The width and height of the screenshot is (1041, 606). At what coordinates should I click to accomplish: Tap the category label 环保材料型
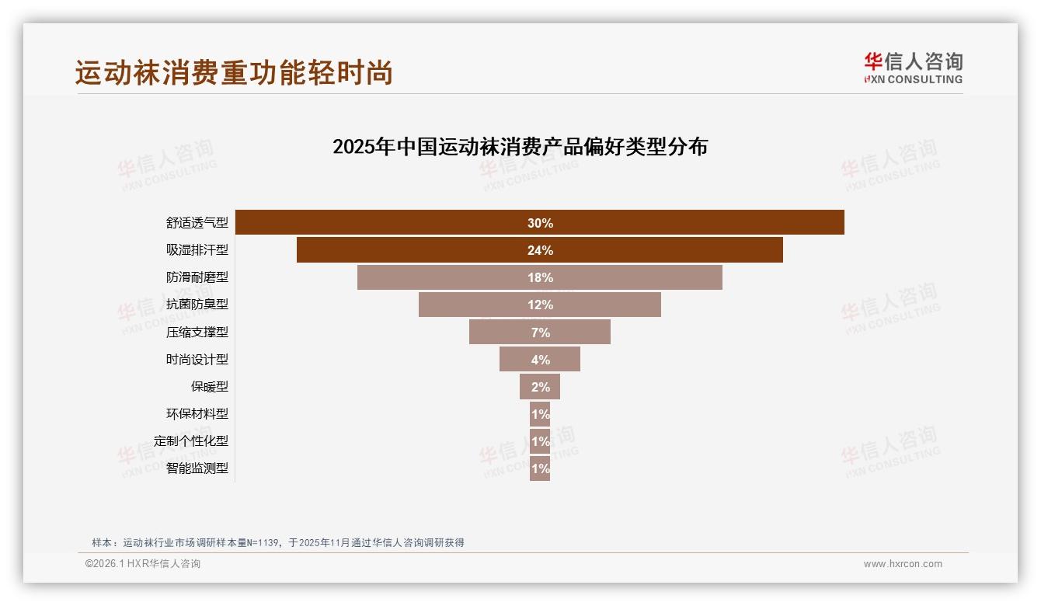(197, 414)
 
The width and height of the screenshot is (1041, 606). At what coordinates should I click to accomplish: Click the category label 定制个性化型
(191, 441)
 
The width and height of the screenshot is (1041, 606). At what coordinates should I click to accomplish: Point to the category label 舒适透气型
(197, 223)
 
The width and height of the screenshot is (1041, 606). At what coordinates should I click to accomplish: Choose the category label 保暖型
(210, 387)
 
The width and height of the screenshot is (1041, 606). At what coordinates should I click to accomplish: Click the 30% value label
(540, 223)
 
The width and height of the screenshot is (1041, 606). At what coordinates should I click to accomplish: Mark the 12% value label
(540, 305)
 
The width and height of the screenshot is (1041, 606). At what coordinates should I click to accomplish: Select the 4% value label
(541, 360)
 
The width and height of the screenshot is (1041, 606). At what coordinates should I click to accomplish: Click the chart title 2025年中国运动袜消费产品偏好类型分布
(520, 147)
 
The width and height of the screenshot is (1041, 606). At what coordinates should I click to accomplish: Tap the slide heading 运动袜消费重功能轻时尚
(234, 72)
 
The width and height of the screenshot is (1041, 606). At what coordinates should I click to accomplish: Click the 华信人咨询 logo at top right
(913, 68)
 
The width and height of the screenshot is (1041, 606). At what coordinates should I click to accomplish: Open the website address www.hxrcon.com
(903, 564)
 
